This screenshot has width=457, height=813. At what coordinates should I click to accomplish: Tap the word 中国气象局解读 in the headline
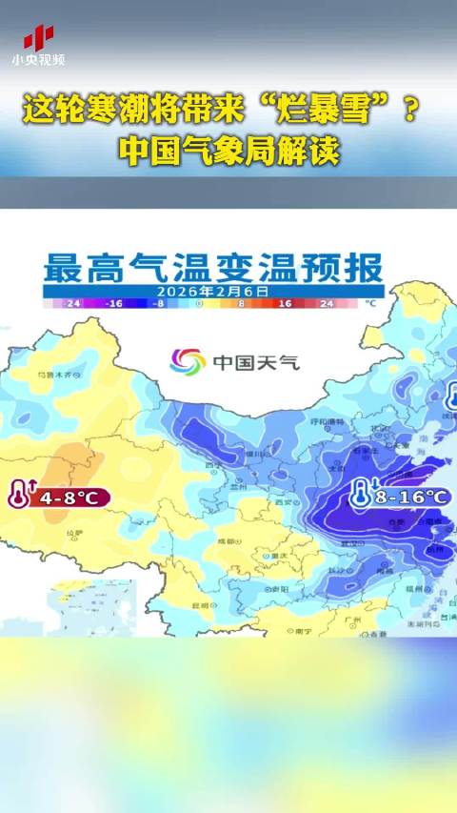228,151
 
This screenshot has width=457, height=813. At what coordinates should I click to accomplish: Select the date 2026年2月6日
213,290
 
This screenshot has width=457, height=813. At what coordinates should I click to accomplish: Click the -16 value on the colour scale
115,302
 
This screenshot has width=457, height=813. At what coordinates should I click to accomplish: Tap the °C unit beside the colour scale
371,302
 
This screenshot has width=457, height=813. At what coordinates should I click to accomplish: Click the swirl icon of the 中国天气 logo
187,361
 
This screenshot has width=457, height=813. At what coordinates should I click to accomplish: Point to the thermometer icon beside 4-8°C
18,496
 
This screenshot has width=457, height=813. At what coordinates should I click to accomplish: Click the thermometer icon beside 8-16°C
361,495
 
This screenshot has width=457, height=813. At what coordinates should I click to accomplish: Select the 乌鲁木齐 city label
53,376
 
